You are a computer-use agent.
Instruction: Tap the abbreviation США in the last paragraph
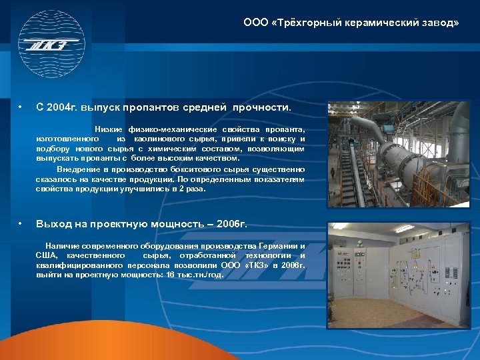tap(46, 255)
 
